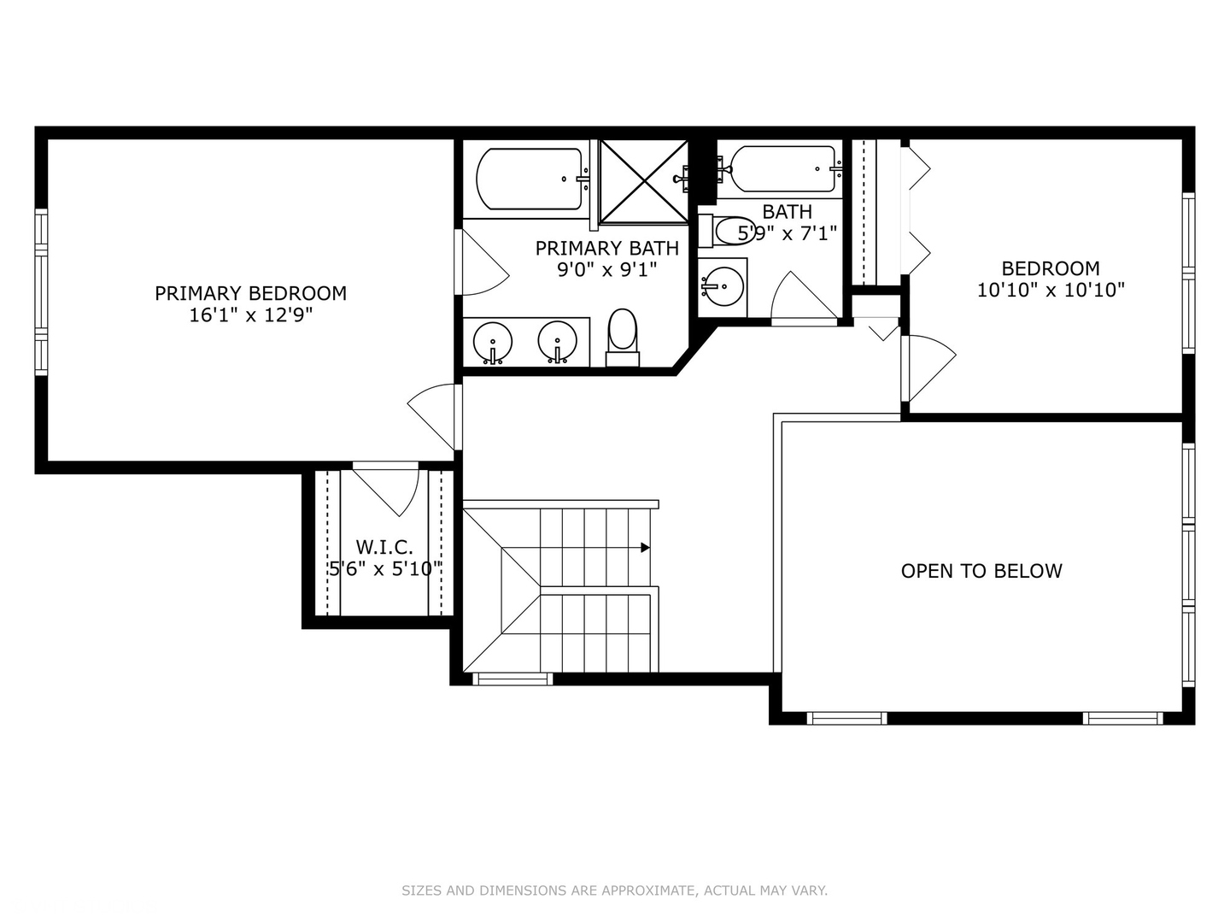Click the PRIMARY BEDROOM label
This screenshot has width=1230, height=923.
[250, 293]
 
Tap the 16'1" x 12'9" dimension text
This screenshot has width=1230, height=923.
[250, 315]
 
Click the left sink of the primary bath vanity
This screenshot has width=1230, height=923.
[492, 342]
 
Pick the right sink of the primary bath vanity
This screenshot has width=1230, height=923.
[558, 341]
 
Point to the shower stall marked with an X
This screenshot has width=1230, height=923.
[643, 180]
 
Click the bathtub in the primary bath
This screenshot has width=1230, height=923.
[529, 179]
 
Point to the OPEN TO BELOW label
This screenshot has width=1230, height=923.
[981, 571]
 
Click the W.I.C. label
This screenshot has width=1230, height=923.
[384, 547]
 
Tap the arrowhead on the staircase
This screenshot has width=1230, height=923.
[646, 548]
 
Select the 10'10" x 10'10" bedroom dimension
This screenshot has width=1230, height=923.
[1051, 291]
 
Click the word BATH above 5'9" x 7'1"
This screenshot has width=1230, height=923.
[787, 211]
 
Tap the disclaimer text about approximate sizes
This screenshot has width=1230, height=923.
[614, 891]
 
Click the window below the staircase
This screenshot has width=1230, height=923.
[512, 679]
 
